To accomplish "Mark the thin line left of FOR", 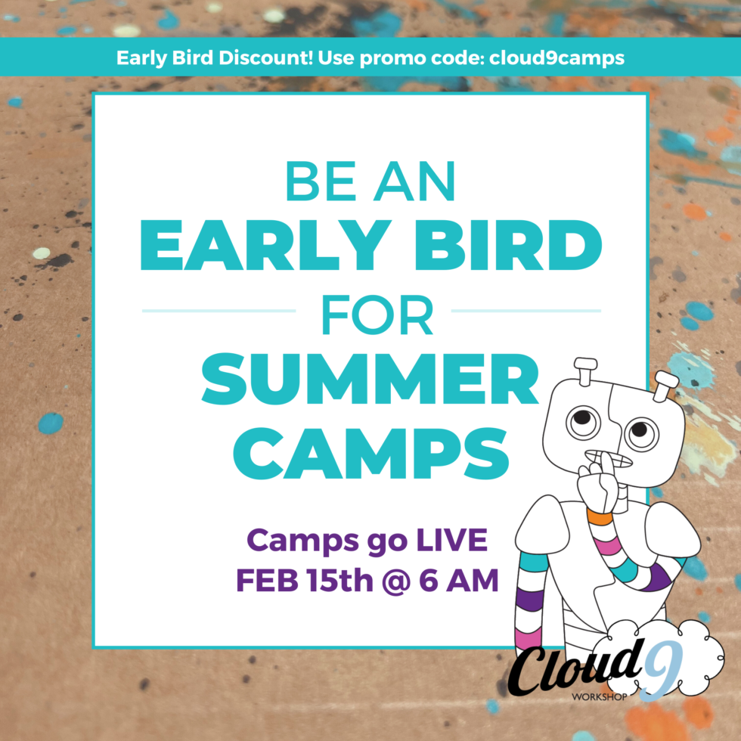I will [219, 310].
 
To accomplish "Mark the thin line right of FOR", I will [526, 310].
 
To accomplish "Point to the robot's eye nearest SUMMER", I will [581, 418].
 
